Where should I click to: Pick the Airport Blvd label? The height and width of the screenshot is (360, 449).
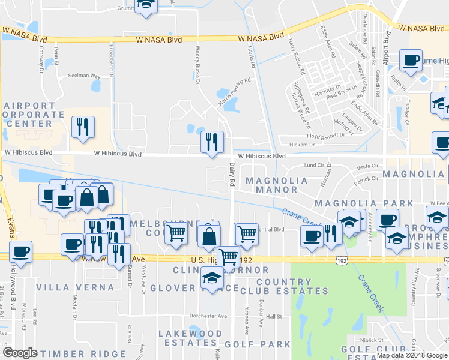coord(387,47)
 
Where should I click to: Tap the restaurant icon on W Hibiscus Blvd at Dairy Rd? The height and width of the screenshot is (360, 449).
coord(211,142)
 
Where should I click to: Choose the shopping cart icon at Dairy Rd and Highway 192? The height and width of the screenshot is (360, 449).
coord(228,257)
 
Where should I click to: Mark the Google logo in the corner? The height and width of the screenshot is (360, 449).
coord(20,353)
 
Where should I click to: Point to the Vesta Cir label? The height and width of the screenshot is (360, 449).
coord(366,166)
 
